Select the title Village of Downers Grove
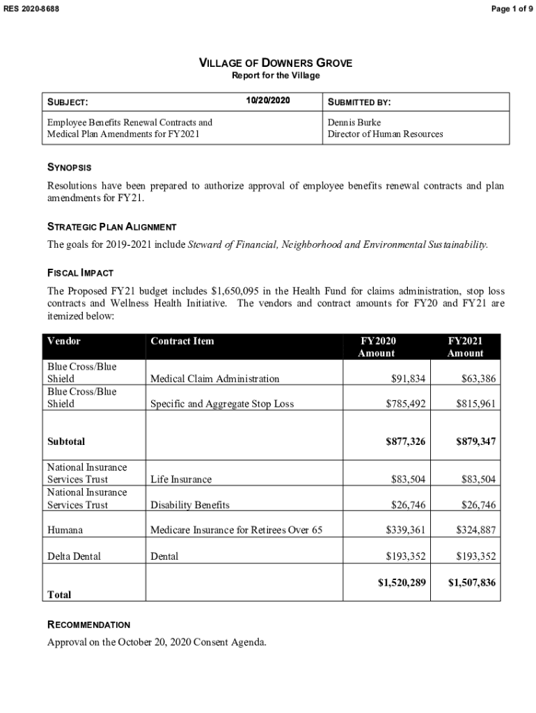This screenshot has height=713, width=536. [276, 63]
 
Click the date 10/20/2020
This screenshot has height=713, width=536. [268, 102]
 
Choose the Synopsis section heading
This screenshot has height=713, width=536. [69, 168]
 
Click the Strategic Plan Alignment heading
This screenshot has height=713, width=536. [111, 227]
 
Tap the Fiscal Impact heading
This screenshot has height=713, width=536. [80, 272]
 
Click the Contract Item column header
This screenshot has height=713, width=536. [182, 341]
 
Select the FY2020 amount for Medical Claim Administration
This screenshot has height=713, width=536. [409, 379]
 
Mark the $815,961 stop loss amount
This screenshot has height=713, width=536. [476, 403]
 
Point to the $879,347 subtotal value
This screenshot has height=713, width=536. [476, 441]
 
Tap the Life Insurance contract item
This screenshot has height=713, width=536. [181, 479]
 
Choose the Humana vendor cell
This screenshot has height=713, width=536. [65, 530]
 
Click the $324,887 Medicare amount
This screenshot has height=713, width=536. [476, 530]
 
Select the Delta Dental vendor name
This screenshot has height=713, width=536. [74, 556]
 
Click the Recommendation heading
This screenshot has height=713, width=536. [88, 625]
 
